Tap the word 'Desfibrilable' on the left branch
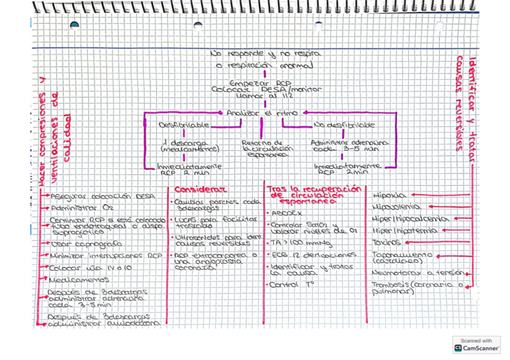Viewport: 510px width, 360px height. pos(184,125)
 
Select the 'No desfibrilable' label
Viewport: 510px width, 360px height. pos(344,125)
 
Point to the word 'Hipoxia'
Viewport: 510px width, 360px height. pos(390,195)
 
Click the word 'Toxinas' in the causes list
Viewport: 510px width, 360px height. pos(387,243)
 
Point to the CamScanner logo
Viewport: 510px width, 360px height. pos(476,344)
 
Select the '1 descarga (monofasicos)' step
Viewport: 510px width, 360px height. pos(183,146)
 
